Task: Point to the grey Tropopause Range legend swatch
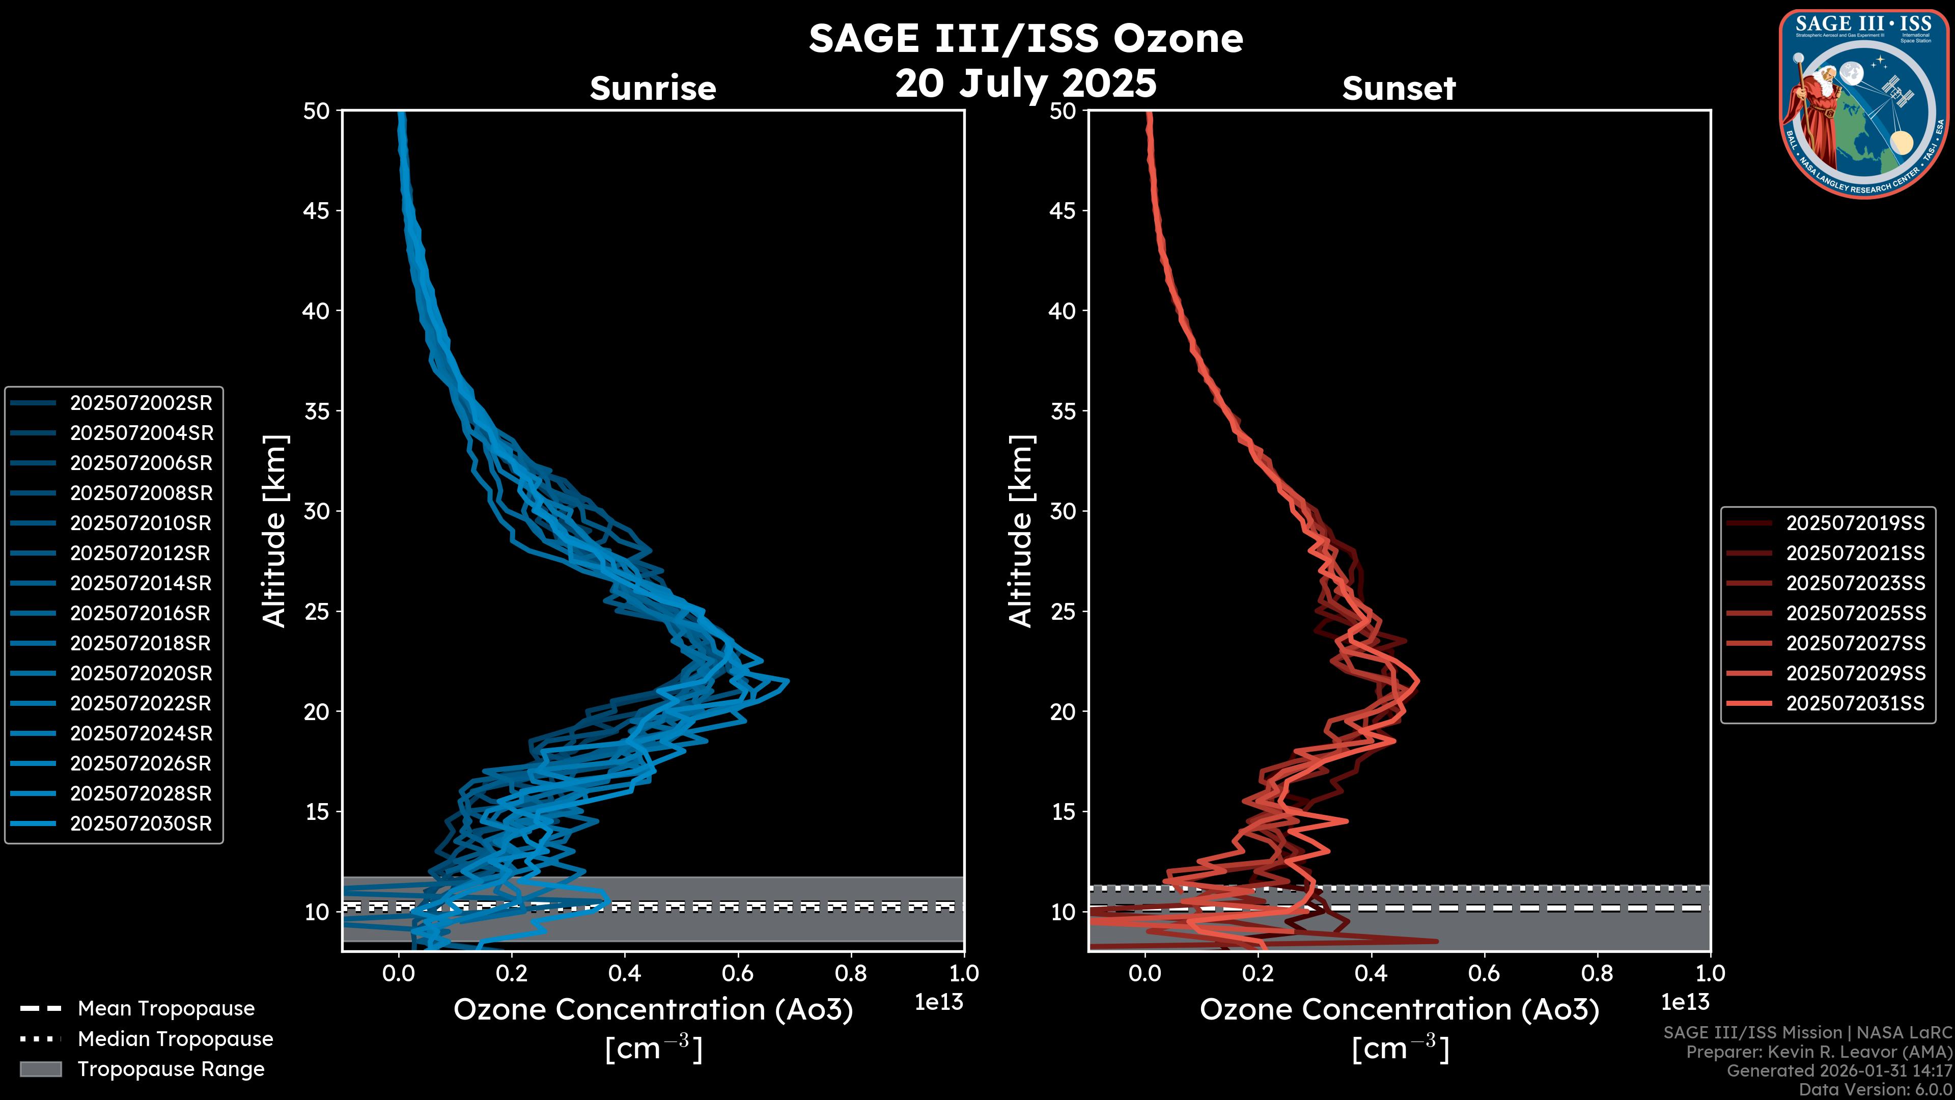coord(40,1069)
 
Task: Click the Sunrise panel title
coord(653,88)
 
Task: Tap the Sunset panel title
coord(1399,88)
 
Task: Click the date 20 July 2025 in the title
coord(1025,82)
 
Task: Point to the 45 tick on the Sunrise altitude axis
coord(317,210)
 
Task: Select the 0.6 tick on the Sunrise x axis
coord(738,973)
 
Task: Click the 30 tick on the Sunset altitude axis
coord(1063,511)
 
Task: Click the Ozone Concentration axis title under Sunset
coord(1399,1010)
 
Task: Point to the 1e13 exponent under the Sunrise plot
coord(939,1002)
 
